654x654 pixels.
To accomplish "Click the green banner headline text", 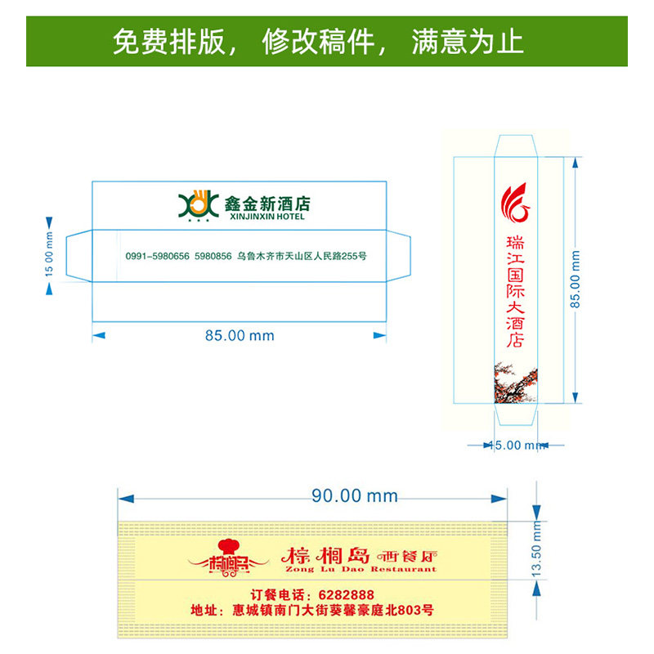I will (318, 41).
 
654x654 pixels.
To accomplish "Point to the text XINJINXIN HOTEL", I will (264, 217).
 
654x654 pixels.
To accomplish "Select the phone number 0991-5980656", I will (158, 256).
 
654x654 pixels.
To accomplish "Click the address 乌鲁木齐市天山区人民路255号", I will (302, 256).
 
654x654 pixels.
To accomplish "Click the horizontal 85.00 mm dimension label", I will (240, 335).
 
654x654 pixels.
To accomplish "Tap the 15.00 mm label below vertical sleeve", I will (517, 446).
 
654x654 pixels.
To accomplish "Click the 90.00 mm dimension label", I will (354, 495).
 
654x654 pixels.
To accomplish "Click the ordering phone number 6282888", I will (343, 594).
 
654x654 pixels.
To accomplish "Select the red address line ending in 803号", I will (311, 610).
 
